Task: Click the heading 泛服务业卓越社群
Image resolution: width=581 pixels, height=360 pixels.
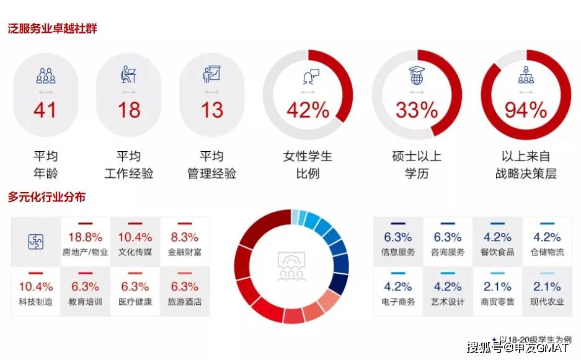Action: pyautogui.click(x=52, y=29)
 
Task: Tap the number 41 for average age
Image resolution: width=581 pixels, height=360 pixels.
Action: pyautogui.click(x=45, y=110)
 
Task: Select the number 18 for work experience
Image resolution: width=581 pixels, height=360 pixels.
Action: pyautogui.click(x=129, y=110)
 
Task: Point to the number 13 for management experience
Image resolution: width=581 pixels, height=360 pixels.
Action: pyautogui.click(x=212, y=110)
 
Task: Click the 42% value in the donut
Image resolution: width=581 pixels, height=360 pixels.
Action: pyautogui.click(x=308, y=110)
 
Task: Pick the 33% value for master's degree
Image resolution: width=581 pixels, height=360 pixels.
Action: pyautogui.click(x=417, y=110)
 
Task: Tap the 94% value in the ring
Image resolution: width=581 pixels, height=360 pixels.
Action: pyautogui.click(x=526, y=110)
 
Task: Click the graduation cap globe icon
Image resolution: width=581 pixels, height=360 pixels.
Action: pyautogui.click(x=417, y=75)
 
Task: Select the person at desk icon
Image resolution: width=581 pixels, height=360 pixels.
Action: pyautogui.click(x=128, y=74)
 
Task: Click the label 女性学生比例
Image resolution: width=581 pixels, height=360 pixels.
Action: pyautogui.click(x=308, y=164)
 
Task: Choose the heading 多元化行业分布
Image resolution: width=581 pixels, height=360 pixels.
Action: pyautogui.click(x=47, y=196)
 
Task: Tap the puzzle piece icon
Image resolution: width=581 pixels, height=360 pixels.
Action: pyautogui.click(x=36, y=242)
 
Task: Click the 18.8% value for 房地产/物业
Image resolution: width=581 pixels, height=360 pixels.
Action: pyautogui.click(x=85, y=237)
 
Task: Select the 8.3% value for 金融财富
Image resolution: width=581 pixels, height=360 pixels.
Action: pyautogui.click(x=185, y=237)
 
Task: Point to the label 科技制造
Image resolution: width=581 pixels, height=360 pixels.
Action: pyautogui.click(x=36, y=302)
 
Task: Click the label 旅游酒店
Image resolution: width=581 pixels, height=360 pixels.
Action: pyautogui.click(x=185, y=302)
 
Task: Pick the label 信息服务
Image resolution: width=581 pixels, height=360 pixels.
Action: pyautogui.click(x=398, y=252)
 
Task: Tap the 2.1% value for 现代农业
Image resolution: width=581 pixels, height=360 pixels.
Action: pyautogui.click(x=547, y=287)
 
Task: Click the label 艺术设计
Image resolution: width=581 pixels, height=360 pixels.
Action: pyautogui.click(x=448, y=302)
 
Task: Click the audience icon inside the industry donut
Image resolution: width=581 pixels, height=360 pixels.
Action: pyautogui.click(x=291, y=266)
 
